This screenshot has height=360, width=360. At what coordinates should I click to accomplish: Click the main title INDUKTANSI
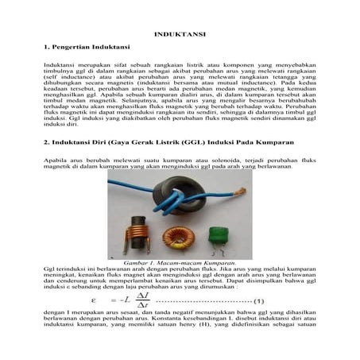180,35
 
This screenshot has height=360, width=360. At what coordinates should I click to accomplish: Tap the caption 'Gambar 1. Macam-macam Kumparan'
180,261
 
